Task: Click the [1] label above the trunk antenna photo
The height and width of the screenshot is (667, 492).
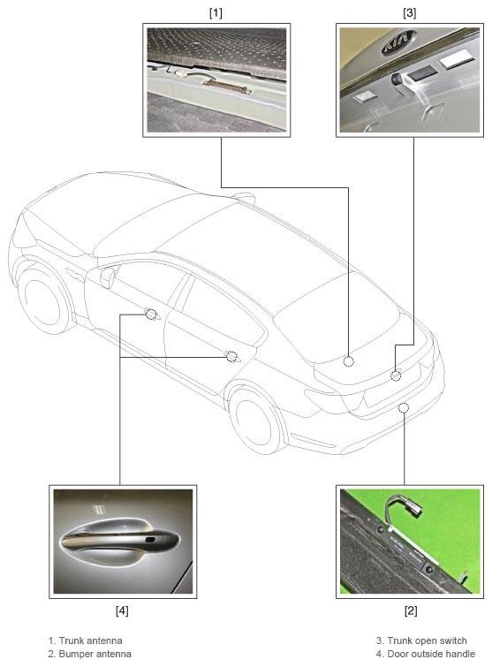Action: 216,13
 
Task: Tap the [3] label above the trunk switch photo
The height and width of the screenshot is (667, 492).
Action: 410,13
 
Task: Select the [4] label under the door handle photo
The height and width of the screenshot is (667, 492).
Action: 122,610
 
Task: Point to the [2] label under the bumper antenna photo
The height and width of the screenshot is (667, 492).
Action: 411,610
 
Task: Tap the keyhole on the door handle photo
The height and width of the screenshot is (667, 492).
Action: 150,540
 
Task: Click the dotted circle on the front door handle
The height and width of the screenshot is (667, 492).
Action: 151,315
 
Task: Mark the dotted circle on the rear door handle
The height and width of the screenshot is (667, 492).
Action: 231,357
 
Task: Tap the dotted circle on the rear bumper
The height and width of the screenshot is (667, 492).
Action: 404,408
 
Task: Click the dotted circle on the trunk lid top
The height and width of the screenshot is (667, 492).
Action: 348,361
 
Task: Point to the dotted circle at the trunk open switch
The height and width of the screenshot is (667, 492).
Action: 396,376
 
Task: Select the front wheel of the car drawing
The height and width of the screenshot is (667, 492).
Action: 42,297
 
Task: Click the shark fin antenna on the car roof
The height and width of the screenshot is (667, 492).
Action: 244,197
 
